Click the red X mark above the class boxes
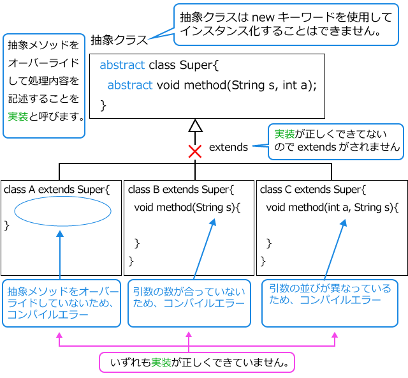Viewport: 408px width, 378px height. point(195,151)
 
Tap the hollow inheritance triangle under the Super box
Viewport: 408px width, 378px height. point(195,126)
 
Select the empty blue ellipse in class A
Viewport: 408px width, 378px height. point(62,211)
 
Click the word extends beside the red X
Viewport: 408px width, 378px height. point(228,147)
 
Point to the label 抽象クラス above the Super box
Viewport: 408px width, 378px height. point(119,40)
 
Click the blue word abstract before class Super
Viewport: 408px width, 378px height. point(122,65)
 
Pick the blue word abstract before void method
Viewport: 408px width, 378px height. point(130,85)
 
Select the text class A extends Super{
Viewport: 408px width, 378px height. point(57,190)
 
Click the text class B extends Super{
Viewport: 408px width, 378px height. point(181,190)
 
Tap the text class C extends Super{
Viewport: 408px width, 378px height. point(313,190)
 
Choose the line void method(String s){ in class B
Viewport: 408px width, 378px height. point(187,208)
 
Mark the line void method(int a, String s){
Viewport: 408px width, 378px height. point(332,208)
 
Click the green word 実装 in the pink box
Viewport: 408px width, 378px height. point(161,363)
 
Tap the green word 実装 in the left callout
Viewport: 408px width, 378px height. point(18,116)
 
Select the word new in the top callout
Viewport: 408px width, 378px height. point(263,18)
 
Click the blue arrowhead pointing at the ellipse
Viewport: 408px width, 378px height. point(60,234)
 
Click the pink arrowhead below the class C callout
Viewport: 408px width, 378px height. point(335,335)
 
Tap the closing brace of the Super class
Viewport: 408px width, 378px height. point(103,105)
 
